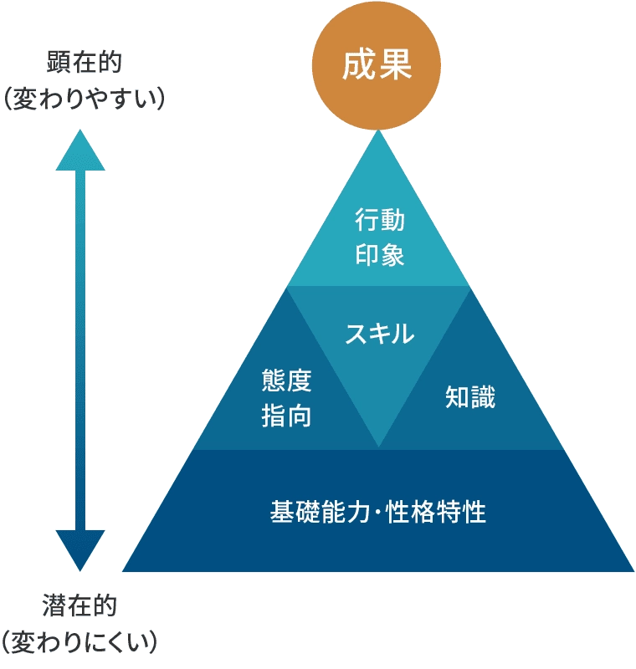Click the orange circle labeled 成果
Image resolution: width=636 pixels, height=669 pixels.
(x=376, y=65)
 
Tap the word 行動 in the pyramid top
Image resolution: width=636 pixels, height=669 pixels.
(x=379, y=220)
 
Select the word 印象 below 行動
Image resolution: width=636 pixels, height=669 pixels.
(x=379, y=255)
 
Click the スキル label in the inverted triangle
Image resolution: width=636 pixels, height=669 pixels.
(x=379, y=334)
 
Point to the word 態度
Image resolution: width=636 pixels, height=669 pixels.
(x=286, y=380)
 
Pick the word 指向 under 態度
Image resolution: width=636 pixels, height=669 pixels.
(x=286, y=416)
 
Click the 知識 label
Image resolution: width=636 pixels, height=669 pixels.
(x=470, y=396)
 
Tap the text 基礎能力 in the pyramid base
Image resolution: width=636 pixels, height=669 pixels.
(x=320, y=512)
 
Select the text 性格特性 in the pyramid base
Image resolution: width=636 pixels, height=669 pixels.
(x=436, y=512)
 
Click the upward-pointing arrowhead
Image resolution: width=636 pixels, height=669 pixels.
(x=80, y=151)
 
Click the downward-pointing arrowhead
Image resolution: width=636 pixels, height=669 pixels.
(x=80, y=550)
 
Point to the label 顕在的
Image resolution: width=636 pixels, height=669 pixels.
(x=84, y=62)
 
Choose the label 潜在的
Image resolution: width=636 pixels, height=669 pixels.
(x=79, y=605)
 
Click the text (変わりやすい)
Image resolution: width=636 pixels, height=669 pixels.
(x=84, y=99)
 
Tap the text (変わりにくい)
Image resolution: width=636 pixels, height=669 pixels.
(x=79, y=641)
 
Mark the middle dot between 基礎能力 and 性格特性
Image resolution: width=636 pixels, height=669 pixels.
(x=377, y=512)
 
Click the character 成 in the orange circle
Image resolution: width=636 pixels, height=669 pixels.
(x=358, y=65)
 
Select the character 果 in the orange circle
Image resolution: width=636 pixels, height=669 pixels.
(x=395, y=65)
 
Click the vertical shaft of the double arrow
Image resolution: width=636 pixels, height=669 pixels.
(x=80, y=350)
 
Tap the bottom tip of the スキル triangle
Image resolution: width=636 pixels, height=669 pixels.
(x=378, y=447)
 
